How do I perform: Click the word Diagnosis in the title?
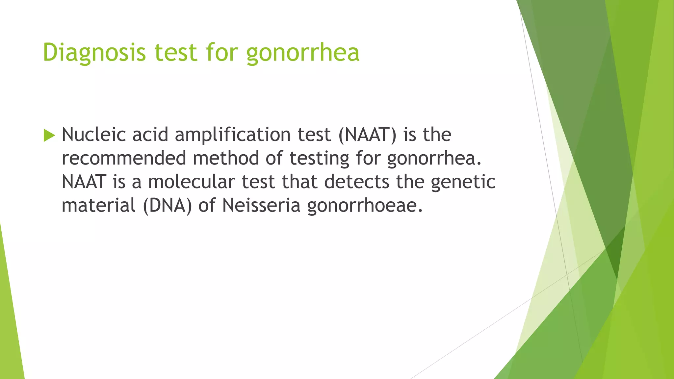[94, 53]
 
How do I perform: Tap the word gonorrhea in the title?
[303, 53]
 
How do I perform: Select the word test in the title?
[176, 53]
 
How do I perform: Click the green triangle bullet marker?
[49, 135]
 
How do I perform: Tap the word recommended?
[124, 158]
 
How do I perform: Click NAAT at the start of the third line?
[84, 182]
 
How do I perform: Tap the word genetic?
[463, 182]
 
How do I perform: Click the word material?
[98, 206]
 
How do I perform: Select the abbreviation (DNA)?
[167, 206]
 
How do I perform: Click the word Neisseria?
[261, 206]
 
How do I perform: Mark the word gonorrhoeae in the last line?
[365, 206]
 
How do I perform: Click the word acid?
[150, 135]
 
